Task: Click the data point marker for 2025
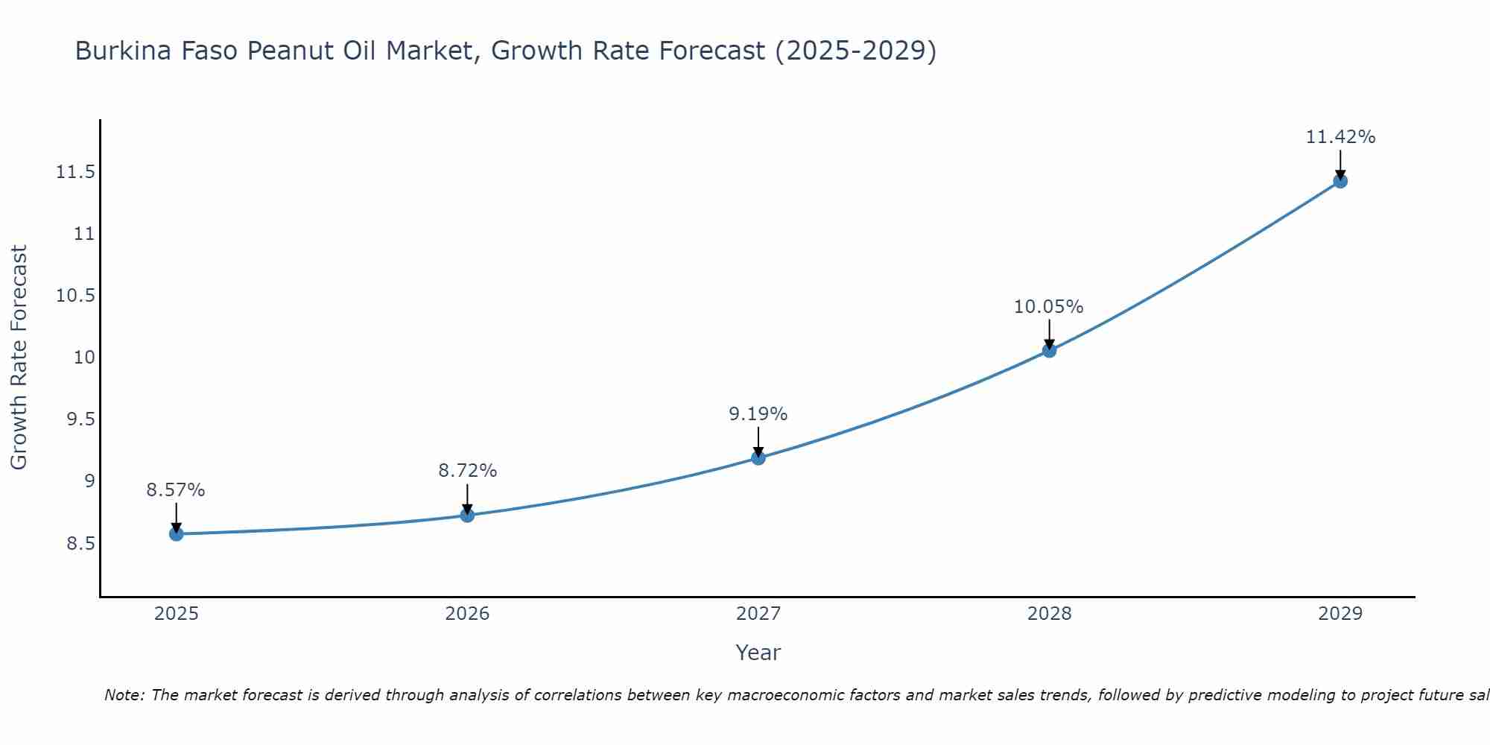177,533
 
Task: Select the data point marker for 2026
467,515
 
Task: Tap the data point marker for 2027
758,457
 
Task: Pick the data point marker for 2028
1049,350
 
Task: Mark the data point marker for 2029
1340,181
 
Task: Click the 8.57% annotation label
176,490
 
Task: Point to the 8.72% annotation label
467,471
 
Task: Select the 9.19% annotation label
758,414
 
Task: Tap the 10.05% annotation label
1048,307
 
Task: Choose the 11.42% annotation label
1340,137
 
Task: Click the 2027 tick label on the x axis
758,614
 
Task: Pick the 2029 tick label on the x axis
1340,614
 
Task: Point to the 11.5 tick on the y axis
76,173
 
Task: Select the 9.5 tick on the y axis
81,419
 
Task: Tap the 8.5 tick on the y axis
81,543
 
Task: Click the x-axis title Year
758,653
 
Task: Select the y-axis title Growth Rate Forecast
19,358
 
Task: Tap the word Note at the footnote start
124,695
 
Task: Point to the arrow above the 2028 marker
1049,334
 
